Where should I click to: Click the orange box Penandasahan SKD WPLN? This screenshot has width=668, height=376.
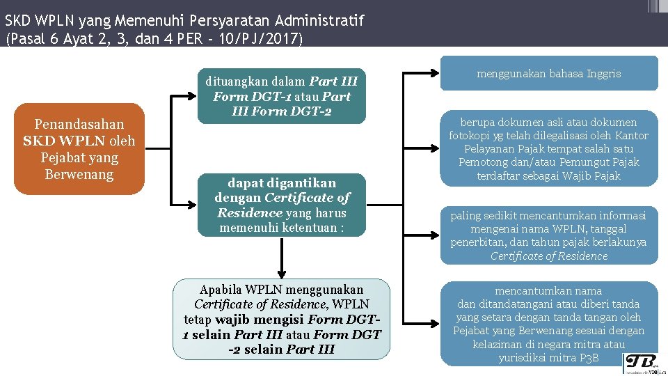79,149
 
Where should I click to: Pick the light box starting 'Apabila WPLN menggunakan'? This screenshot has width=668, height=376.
281,319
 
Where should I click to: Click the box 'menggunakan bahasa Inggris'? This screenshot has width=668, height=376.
548,73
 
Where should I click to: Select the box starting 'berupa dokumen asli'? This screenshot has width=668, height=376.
548,148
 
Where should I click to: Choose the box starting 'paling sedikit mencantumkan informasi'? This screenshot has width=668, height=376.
548,235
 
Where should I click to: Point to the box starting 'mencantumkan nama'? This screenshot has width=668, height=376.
548,324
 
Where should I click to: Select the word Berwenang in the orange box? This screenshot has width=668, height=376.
79,174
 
